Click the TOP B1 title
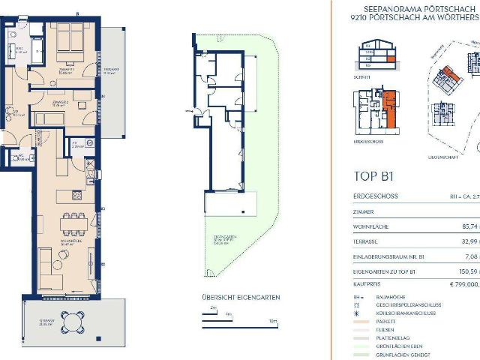click(373, 177)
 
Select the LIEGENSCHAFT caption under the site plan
click(442, 158)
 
